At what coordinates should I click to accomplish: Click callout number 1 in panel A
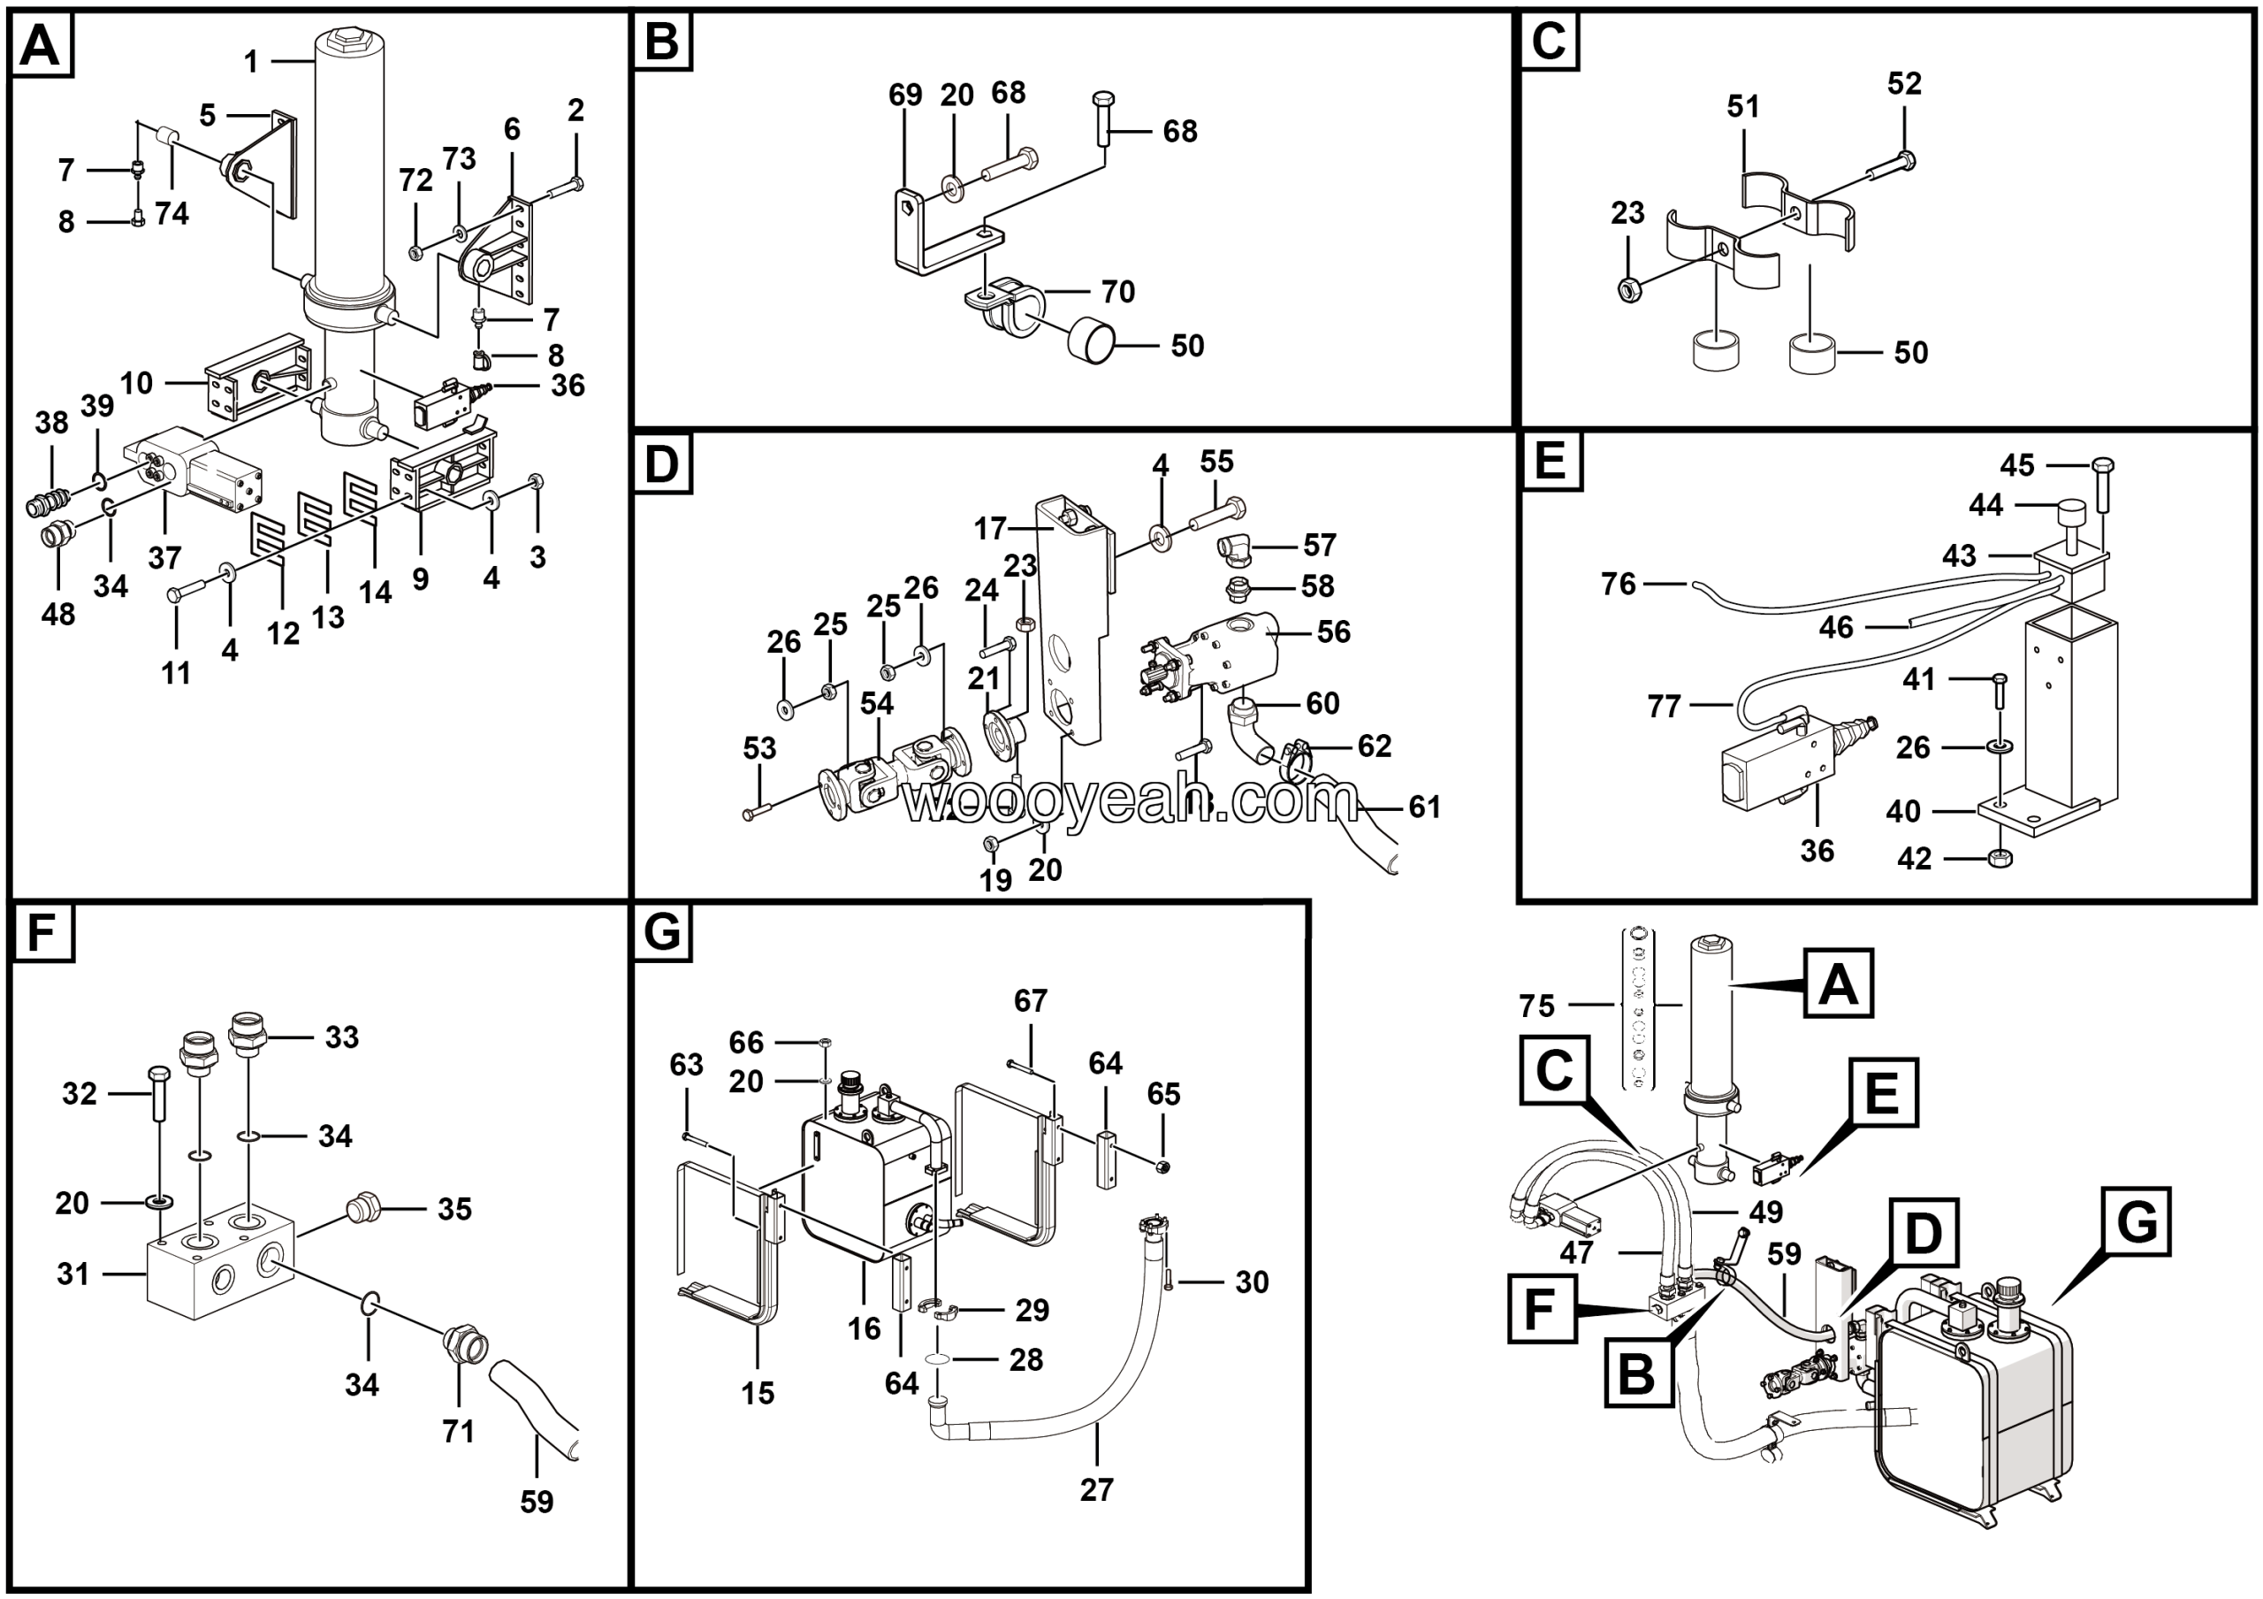[251, 62]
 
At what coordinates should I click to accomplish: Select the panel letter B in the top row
[661, 43]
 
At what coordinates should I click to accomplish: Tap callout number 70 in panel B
[1117, 292]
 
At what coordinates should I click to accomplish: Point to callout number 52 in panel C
[1904, 84]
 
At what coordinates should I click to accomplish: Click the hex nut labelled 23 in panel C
[1627, 289]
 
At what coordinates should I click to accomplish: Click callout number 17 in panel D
[989, 530]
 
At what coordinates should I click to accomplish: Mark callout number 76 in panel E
[1619, 585]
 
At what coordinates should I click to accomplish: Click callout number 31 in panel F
[73, 1274]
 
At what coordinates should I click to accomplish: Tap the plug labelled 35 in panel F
[366, 1209]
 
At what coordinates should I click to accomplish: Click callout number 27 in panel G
[1096, 1489]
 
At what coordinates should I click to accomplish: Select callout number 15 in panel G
[758, 1393]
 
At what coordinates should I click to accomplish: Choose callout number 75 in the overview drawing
[1536, 1006]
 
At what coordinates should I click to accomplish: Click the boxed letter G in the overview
[2136, 1221]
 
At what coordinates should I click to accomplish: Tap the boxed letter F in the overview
[1541, 1309]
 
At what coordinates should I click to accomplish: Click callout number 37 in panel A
[164, 558]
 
